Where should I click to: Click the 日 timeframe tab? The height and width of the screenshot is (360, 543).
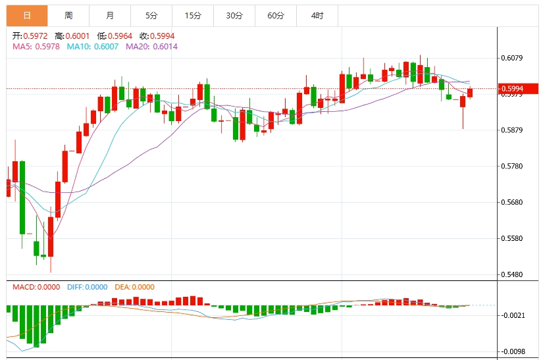tap(27, 15)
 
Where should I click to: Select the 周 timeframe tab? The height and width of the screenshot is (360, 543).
tap(68, 15)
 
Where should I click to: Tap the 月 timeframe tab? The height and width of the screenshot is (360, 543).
tap(110, 15)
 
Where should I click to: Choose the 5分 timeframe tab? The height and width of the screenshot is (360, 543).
tap(151, 15)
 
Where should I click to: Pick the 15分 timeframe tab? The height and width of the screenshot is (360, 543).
tap(193, 15)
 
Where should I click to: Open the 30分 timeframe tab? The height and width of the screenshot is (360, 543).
tap(234, 15)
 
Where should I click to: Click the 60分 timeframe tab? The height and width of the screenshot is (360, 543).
tap(276, 15)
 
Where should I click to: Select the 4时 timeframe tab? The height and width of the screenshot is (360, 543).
tap(317, 15)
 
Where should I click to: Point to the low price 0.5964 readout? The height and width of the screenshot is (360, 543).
tap(119, 36)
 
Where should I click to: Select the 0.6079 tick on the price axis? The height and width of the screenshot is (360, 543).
tap(511, 58)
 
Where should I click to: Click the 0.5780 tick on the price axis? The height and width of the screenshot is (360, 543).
tap(511, 166)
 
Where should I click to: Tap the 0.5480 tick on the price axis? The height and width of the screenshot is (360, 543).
tap(511, 274)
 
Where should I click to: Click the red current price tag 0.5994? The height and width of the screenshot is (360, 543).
tap(511, 88)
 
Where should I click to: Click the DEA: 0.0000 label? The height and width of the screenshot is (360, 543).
tap(135, 287)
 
